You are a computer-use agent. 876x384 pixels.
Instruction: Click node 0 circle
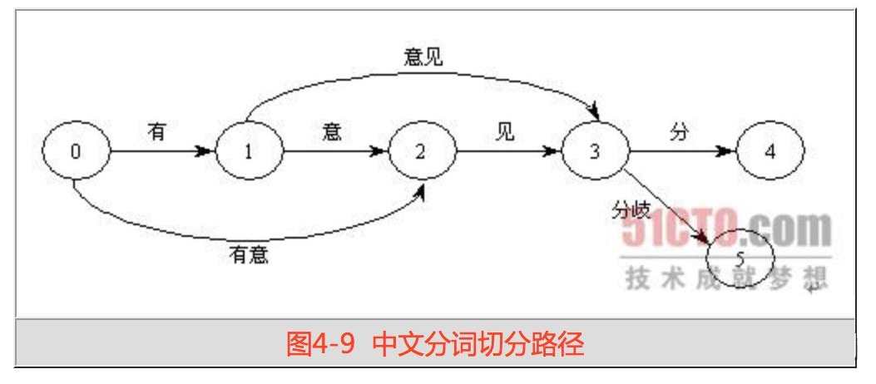pos(76,152)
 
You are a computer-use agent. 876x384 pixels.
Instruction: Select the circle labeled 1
pos(248,153)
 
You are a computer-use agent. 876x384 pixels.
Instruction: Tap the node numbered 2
pos(422,153)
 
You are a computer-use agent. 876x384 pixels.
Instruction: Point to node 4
pos(770,152)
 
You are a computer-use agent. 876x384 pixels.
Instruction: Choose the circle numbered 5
pos(740,257)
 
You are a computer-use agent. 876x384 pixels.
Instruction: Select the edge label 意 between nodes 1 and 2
pos(331,130)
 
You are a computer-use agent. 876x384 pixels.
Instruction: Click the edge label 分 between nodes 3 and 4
pos(679,130)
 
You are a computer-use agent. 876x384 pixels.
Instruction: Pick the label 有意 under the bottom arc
pos(249,254)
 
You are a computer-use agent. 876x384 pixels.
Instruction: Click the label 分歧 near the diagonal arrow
pos(630,210)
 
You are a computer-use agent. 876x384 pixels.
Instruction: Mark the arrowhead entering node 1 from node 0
pos(204,153)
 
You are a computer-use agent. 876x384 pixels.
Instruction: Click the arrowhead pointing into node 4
pos(725,153)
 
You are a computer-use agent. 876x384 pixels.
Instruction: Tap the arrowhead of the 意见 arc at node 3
pos(593,111)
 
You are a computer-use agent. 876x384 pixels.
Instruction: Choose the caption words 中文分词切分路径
pos(478,344)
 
